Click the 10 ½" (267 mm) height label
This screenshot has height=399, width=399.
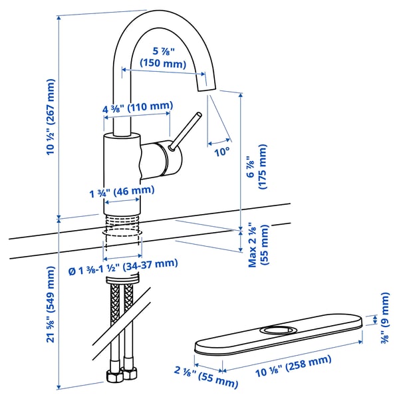tap(51, 117)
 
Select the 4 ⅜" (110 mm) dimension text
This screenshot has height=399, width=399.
tap(138, 106)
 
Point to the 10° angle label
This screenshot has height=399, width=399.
tap(222, 151)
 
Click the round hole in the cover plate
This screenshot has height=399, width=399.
tap(278, 329)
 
